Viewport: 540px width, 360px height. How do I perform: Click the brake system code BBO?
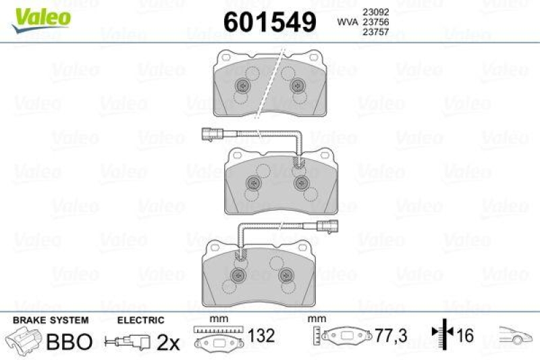pyautogui.click(x=69, y=341)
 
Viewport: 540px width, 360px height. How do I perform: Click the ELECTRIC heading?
pyautogui.click(x=141, y=320)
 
